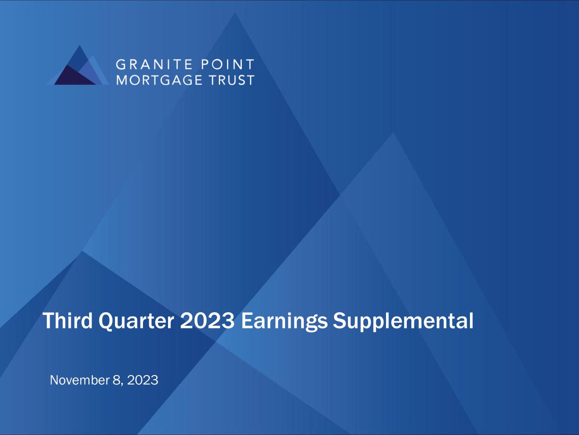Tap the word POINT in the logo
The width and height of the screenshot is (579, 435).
(x=228, y=65)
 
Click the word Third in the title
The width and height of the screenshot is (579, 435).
(x=67, y=321)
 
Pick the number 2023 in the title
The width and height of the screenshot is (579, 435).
(x=207, y=321)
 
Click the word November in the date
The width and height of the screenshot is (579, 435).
(x=80, y=380)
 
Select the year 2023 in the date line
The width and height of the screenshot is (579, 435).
(x=143, y=380)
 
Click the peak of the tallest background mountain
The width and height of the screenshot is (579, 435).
(x=235, y=13)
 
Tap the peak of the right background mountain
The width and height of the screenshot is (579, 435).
(x=393, y=133)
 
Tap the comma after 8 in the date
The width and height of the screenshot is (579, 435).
(x=122, y=385)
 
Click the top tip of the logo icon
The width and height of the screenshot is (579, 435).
(x=80, y=46)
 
